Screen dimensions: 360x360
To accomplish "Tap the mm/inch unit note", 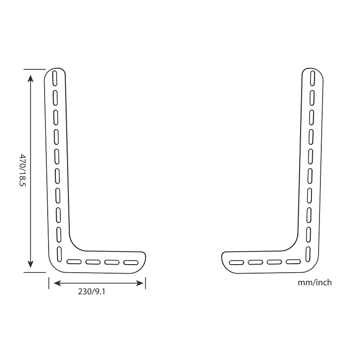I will (x=315, y=283).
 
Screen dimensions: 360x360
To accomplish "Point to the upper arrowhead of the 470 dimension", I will (x=30, y=77).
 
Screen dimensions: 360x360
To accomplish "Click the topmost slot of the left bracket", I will (x=54, y=77).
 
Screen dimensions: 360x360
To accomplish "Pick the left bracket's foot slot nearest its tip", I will (x=131, y=262).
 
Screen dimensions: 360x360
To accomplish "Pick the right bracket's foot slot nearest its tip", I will (x=236, y=262).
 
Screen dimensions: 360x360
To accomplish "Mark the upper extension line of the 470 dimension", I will (x=35, y=69).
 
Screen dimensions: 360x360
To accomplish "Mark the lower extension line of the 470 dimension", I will (x=35, y=272).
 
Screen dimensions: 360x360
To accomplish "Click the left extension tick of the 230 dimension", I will (x=49, y=283).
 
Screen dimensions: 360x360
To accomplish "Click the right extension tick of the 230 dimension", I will (x=145, y=283).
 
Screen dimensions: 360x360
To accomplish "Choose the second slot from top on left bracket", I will (x=55, y=97).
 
